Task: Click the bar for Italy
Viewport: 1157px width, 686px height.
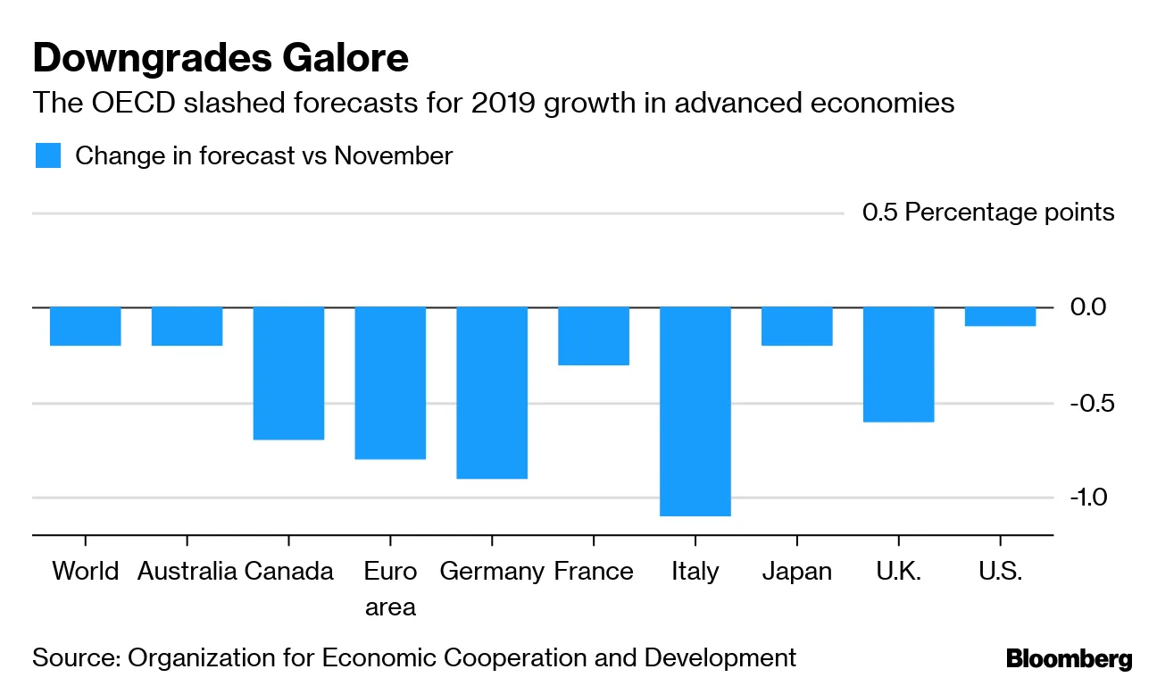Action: pyautogui.click(x=695, y=411)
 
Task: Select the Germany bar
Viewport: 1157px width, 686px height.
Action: pyautogui.click(x=492, y=392)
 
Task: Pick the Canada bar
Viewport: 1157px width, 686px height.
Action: pyautogui.click(x=288, y=372)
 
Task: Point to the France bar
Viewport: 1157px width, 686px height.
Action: pyautogui.click(x=594, y=336)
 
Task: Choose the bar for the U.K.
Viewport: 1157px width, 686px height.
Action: pyautogui.click(x=898, y=364)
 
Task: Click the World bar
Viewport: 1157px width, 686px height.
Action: pyautogui.click(x=86, y=326)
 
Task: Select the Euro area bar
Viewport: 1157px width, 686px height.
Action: pyautogui.click(x=390, y=382)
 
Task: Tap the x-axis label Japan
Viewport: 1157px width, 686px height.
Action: pyautogui.click(x=796, y=572)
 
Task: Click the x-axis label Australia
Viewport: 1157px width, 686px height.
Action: pyautogui.click(x=187, y=572)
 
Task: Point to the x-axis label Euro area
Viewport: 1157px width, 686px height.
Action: pyautogui.click(x=390, y=589)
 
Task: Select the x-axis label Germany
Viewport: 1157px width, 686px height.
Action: pyautogui.click(x=492, y=572)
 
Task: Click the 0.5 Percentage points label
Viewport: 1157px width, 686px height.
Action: pyautogui.click(x=988, y=213)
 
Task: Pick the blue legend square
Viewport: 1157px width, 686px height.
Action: pyautogui.click(x=48, y=155)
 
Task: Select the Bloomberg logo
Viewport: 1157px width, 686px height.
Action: pyautogui.click(x=1069, y=660)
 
